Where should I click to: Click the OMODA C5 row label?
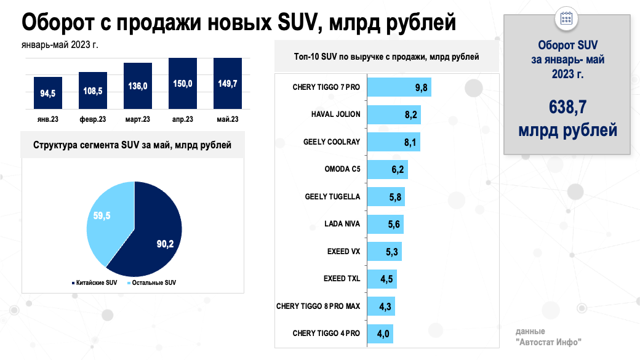coord(342,169)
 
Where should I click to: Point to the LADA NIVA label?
coord(342,223)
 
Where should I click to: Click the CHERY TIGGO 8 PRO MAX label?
coord(318,306)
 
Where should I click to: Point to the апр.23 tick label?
coord(183,119)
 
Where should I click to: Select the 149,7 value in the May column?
coord(228,84)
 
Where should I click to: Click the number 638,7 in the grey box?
coord(567,108)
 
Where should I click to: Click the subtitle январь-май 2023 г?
coord(60,44)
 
